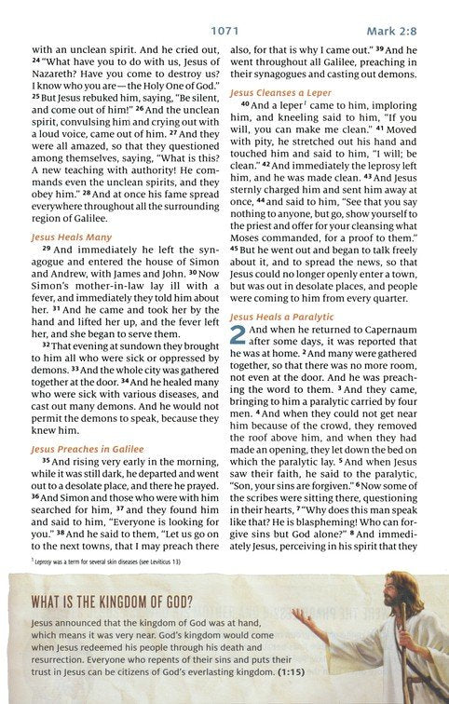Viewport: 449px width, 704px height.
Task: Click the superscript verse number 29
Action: pos(46,250)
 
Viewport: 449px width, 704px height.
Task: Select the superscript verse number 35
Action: pos(46,460)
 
